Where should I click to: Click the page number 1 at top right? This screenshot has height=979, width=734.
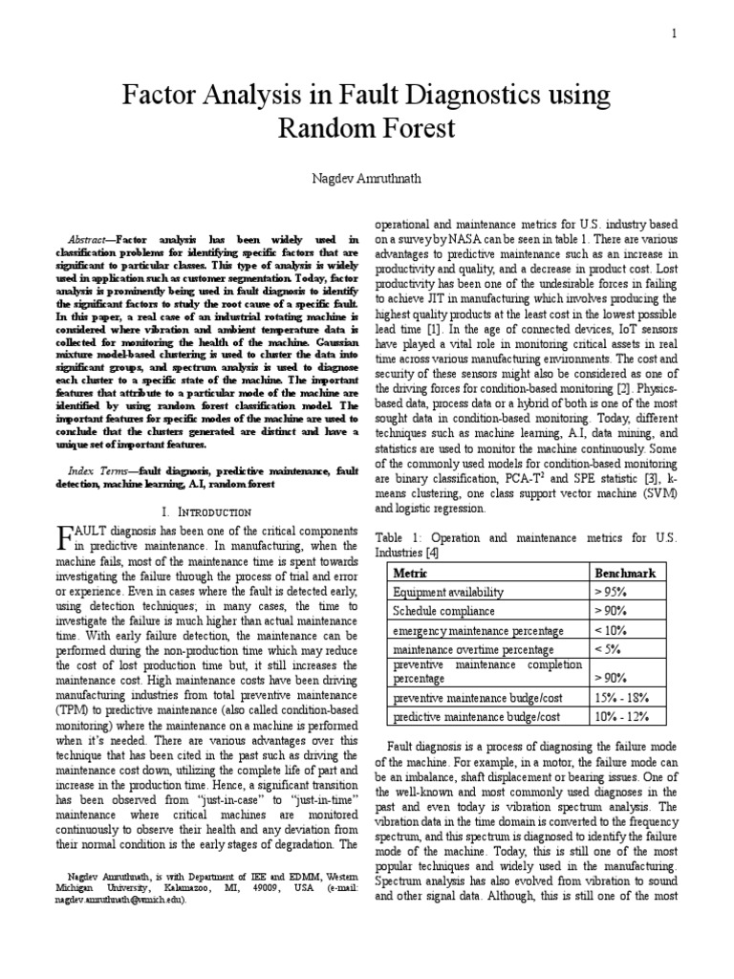pos(674,34)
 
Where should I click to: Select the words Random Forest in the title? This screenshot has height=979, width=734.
pos(367,127)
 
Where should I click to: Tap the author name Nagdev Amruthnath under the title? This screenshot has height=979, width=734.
pos(367,179)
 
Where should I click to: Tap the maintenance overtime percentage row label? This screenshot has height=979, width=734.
pos(461,649)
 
